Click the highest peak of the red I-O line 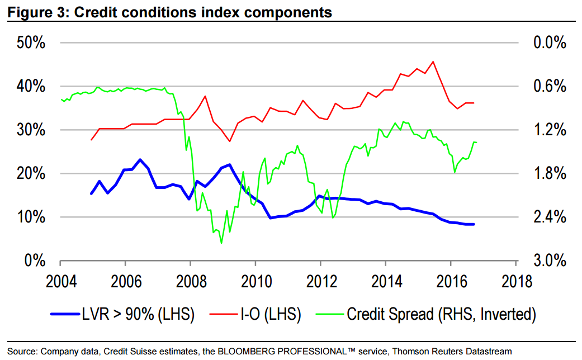[x=433, y=61]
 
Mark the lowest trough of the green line [x=221, y=243]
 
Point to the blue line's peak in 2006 [x=140, y=159]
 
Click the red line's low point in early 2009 [x=229, y=141]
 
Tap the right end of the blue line [x=474, y=224]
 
